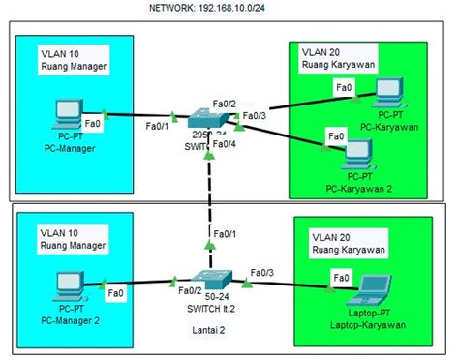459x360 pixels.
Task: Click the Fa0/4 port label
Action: click(224, 144)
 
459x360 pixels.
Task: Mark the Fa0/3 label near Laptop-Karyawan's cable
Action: click(262, 273)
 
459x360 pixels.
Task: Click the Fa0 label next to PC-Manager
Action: click(94, 125)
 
